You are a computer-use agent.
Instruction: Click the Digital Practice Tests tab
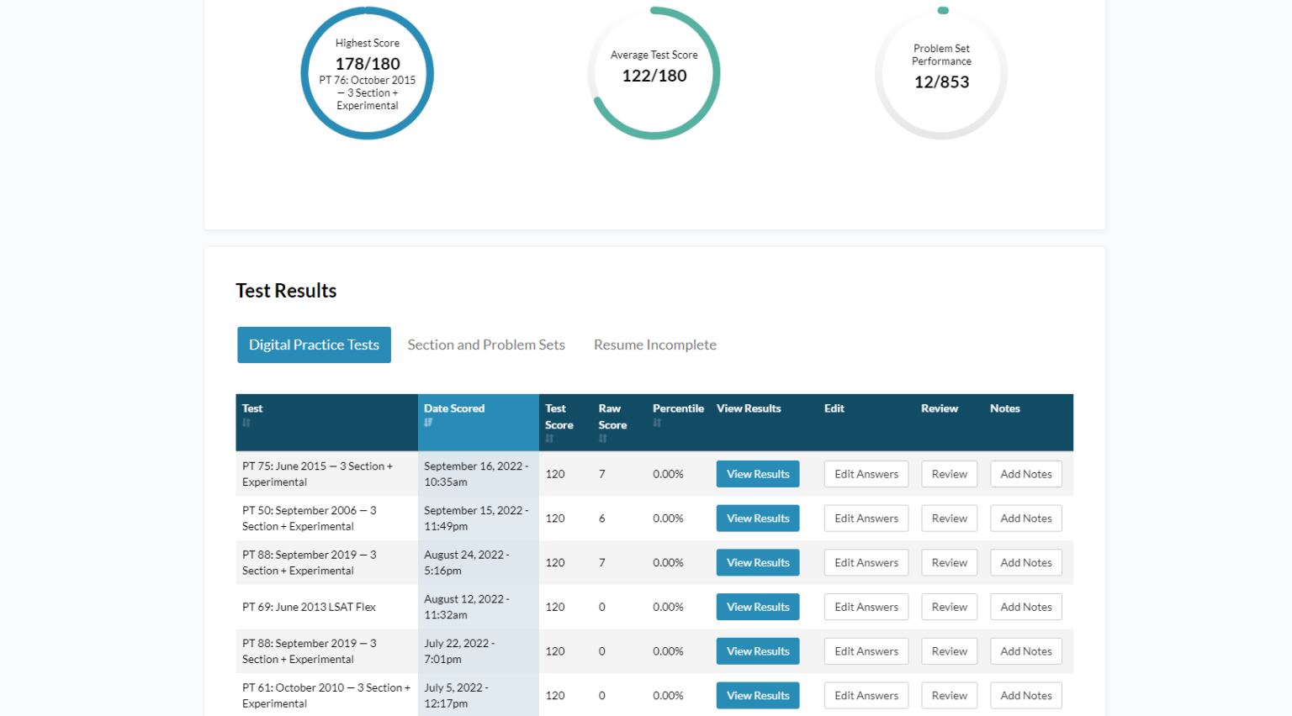pos(314,345)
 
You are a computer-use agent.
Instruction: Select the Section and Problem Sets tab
pos(486,345)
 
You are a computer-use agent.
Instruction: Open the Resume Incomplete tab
pos(654,345)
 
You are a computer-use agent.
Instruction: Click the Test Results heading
pos(286,291)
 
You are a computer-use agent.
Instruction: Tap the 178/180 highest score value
pos(368,64)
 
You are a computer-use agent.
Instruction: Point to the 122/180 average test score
pos(654,76)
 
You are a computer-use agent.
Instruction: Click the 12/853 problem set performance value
pos(941,82)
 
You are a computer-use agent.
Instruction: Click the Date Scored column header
pos(454,408)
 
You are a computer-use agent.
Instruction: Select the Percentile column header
pos(678,408)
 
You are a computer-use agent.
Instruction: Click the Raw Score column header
pos(612,417)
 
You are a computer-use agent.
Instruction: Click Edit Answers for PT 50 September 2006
pos(866,519)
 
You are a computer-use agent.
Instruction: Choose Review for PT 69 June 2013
pos(949,607)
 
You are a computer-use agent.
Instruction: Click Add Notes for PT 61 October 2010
pos(1025,696)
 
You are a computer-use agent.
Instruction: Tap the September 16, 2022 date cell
pos(475,474)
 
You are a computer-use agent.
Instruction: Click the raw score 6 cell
pos(602,519)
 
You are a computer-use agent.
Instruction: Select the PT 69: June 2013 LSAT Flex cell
pos(309,607)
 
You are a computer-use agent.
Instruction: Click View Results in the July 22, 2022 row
pos(758,651)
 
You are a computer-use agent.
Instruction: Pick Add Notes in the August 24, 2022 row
pos(1025,563)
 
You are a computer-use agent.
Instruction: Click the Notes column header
pos(1004,408)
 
